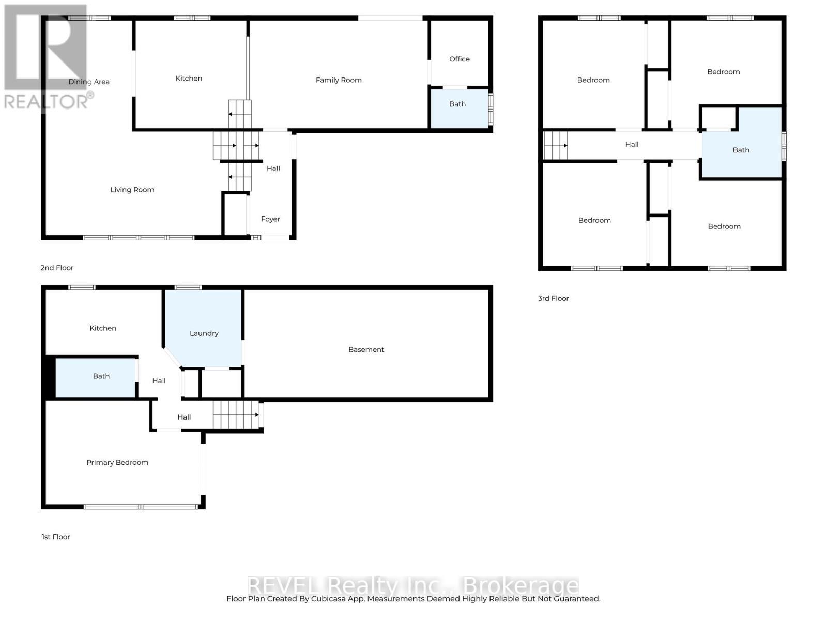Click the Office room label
click(x=459, y=59)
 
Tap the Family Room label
click(x=339, y=80)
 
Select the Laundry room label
click(x=204, y=333)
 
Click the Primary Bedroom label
click(x=117, y=462)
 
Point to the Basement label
click(x=366, y=349)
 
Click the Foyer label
click(x=270, y=219)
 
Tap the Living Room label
click(x=132, y=189)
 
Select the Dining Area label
click(x=89, y=82)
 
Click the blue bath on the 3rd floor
click(x=741, y=150)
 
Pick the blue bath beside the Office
click(x=457, y=104)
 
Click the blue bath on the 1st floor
click(x=101, y=376)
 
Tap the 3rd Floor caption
click(x=553, y=298)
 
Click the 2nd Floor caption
click(x=57, y=268)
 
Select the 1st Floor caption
click(x=56, y=537)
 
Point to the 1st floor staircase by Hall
click(x=236, y=414)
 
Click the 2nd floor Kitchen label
click(x=189, y=78)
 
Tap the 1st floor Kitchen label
click(x=103, y=328)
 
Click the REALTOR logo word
click(x=47, y=101)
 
